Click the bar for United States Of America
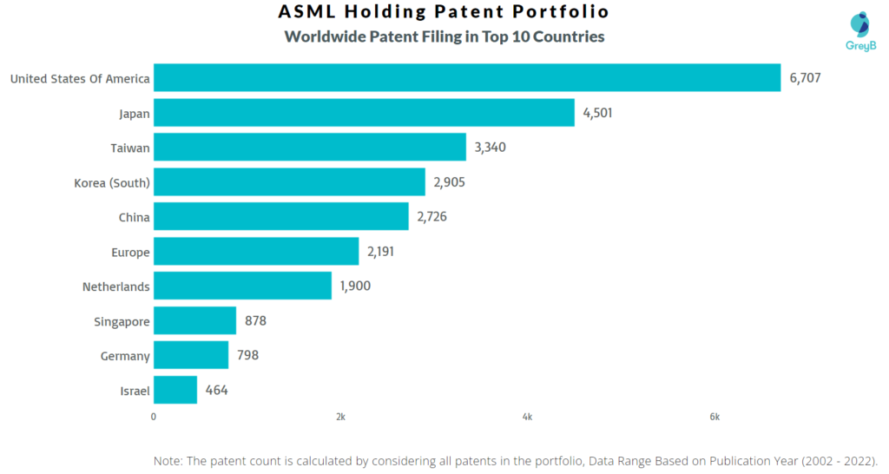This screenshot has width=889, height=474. tap(467, 78)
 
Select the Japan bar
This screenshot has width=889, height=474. tap(364, 113)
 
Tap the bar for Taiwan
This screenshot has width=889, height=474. tap(310, 148)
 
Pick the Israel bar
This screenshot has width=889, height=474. tap(175, 391)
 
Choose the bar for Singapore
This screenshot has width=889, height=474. tap(194, 321)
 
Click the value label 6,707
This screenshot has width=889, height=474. tap(805, 78)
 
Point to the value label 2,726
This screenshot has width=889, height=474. tap(432, 217)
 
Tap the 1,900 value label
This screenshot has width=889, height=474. tap(355, 286)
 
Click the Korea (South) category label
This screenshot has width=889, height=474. tap(112, 183)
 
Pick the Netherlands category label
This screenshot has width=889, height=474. tap(115, 286)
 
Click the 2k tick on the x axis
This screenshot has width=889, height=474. tap(340, 418)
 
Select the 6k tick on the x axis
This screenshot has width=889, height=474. tap(714, 418)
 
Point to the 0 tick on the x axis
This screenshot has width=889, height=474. tap(154, 418)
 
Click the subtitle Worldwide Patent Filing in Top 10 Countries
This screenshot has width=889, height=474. tap(444, 37)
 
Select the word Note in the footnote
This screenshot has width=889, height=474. tap(168, 460)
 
